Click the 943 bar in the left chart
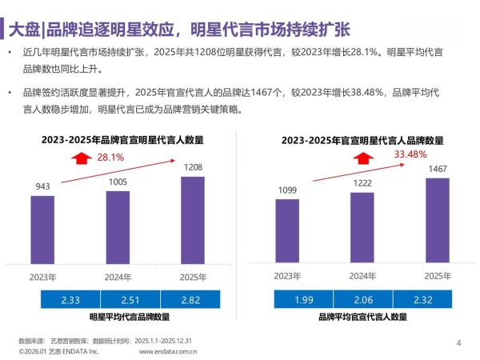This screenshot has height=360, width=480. pyautogui.click(x=43, y=230)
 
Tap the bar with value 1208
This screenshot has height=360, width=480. pyautogui.click(x=193, y=219)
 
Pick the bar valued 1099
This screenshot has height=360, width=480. pyautogui.click(x=287, y=231)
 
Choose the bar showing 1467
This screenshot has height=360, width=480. pyautogui.click(x=437, y=220)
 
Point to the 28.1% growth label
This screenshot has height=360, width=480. pyautogui.click(x=110, y=158)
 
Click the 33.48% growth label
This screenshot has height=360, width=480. pyautogui.click(x=410, y=154)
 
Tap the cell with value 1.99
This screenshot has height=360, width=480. pyautogui.click(x=305, y=300)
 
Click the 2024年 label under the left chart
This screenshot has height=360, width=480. pyautogui.click(x=118, y=277)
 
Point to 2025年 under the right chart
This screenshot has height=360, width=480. pyautogui.click(x=437, y=276)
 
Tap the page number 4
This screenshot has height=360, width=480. pyautogui.click(x=458, y=343)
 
